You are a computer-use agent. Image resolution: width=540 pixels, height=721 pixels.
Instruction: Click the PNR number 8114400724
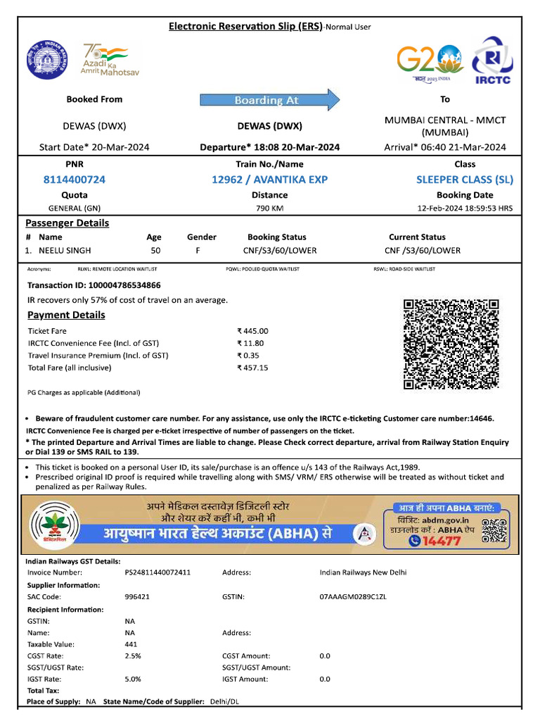[75, 180]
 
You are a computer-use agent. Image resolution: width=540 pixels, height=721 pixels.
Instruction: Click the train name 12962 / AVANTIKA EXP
[269, 180]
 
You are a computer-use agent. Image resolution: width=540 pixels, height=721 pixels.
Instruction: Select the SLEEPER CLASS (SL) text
[465, 180]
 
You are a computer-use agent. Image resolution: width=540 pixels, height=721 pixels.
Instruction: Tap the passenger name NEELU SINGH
[65, 250]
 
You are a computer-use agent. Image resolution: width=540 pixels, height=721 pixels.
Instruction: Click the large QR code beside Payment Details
[451, 344]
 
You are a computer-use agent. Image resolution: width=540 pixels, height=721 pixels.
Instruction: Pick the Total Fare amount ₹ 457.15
[252, 368]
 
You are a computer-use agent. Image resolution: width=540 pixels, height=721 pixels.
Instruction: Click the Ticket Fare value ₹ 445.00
[252, 330]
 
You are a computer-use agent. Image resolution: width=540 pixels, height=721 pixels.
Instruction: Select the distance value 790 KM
[269, 208]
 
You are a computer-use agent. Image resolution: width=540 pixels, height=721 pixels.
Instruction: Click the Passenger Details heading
[67, 223]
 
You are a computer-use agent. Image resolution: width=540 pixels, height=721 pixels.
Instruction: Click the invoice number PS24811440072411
[157, 572]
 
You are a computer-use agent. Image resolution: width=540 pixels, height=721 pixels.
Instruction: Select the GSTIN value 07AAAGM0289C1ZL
[353, 596]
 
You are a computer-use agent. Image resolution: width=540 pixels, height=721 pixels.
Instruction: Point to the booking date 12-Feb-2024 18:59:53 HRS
[465, 208]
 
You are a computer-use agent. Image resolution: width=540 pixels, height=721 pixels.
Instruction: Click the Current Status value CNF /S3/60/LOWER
[422, 250]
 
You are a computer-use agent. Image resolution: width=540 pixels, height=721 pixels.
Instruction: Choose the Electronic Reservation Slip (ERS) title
[245, 27]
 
